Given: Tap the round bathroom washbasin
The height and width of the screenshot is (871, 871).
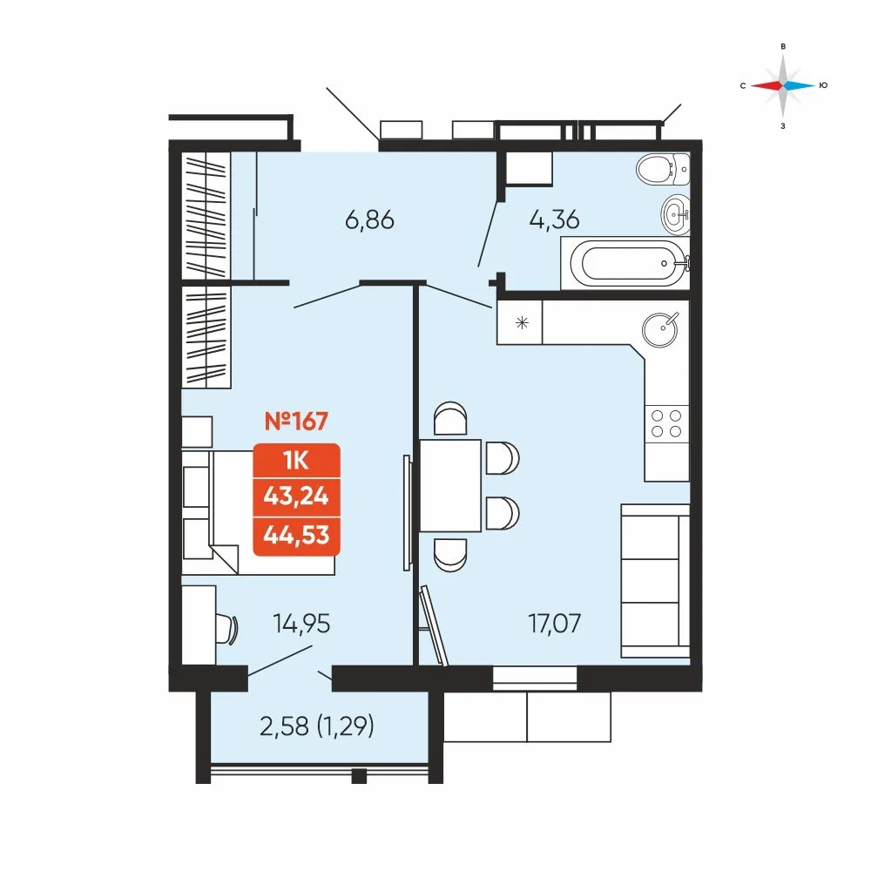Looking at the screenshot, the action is pyautogui.click(x=676, y=213).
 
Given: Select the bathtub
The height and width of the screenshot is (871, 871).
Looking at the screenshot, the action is pyautogui.click(x=625, y=263).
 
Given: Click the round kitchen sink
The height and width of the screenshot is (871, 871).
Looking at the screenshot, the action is pyautogui.click(x=660, y=329).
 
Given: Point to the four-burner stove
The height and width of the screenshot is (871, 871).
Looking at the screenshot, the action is pyautogui.click(x=666, y=424).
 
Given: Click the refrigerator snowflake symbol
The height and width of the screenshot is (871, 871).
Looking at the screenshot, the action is pyautogui.click(x=522, y=322).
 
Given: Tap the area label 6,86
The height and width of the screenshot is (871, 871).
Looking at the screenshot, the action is pyautogui.click(x=369, y=220).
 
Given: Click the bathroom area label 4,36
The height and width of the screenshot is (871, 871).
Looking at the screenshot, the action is pyautogui.click(x=554, y=219).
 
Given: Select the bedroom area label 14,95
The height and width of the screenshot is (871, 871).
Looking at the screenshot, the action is pyautogui.click(x=301, y=624).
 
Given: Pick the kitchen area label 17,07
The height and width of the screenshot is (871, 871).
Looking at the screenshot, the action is pyautogui.click(x=554, y=624).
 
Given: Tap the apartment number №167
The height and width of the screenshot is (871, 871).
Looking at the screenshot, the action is pyautogui.click(x=296, y=421).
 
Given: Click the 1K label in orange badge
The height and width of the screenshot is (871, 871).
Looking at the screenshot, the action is pyautogui.click(x=296, y=461).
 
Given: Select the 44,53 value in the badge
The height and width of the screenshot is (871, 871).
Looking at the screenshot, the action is pyautogui.click(x=296, y=535).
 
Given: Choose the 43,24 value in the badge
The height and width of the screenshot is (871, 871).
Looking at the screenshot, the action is pyautogui.click(x=296, y=496).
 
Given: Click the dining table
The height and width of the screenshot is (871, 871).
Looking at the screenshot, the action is pyautogui.click(x=450, y=485).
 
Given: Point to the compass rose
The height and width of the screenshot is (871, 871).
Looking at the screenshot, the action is pyautogui.click(x=783, y=85).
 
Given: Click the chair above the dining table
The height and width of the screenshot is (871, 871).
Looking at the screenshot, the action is pyautogui.click(x=450, y=418).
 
